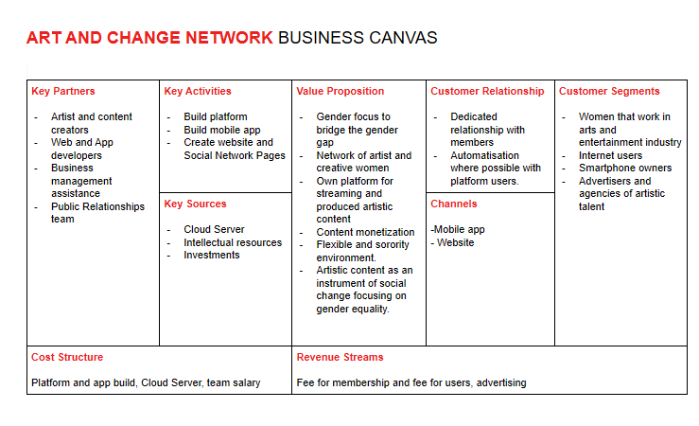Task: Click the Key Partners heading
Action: coord(62,92)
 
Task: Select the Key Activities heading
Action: coord(197,92)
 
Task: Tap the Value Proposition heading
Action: coord(340,92)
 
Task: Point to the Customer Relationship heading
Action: coord(487,92)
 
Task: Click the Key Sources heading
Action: coord(195,204)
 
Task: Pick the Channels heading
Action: coord(453,204)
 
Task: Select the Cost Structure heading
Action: coord(67,358)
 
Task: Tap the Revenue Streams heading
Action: coord(340,358)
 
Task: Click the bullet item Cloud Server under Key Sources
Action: coord(214,229)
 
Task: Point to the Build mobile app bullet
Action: coord(222,130)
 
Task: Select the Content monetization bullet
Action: coord(365,232)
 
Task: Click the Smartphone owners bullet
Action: coord(625,169)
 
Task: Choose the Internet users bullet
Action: coord(610,155)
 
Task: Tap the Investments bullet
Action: coord(212,255)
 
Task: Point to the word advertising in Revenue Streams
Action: coord(502,383)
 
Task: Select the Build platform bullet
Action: coord(216,117)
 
